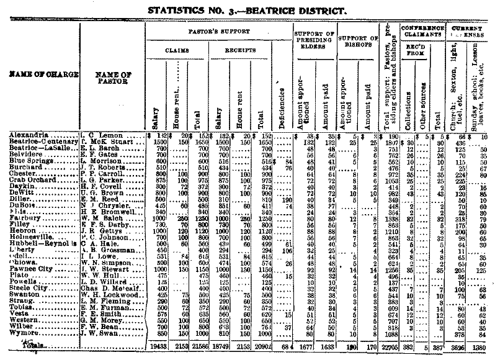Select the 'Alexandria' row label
coord(26,134)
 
